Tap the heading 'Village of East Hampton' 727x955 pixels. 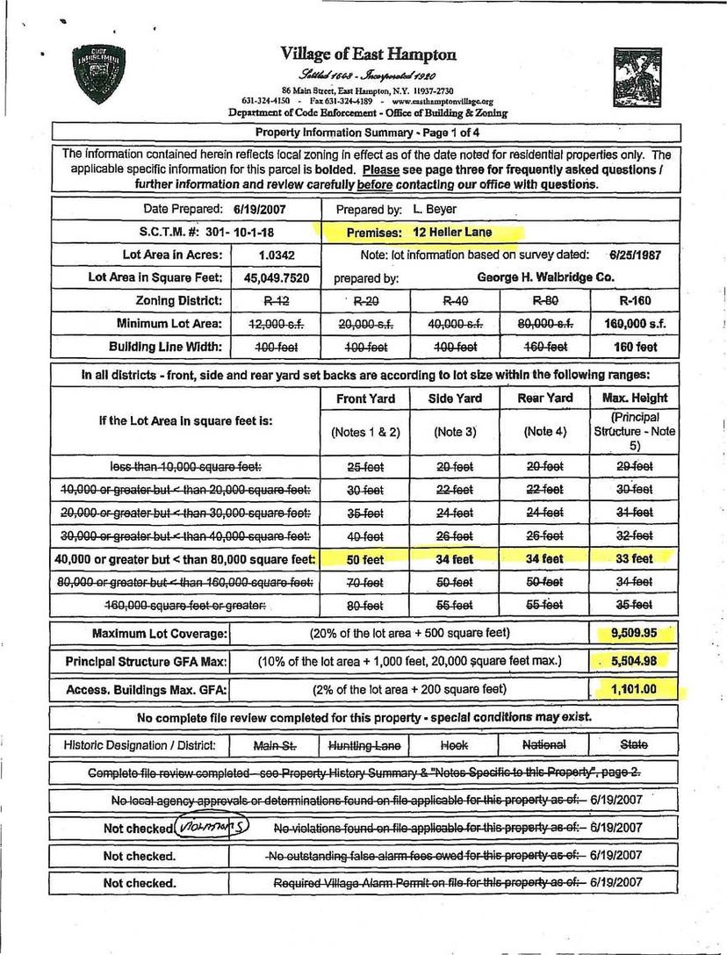369,54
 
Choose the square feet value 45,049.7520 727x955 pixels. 277,277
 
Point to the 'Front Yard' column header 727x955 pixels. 365,399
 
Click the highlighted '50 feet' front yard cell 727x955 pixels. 365,558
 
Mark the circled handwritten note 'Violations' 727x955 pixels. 212,826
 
